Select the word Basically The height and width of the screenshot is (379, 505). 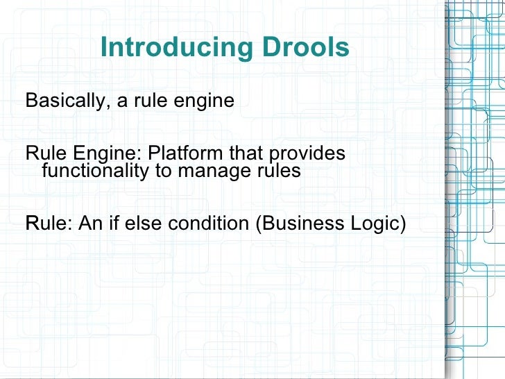65,101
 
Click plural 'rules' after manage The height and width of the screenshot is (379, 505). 280,170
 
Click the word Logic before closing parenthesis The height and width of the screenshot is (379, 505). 371,224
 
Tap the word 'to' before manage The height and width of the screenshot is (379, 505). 165,170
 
